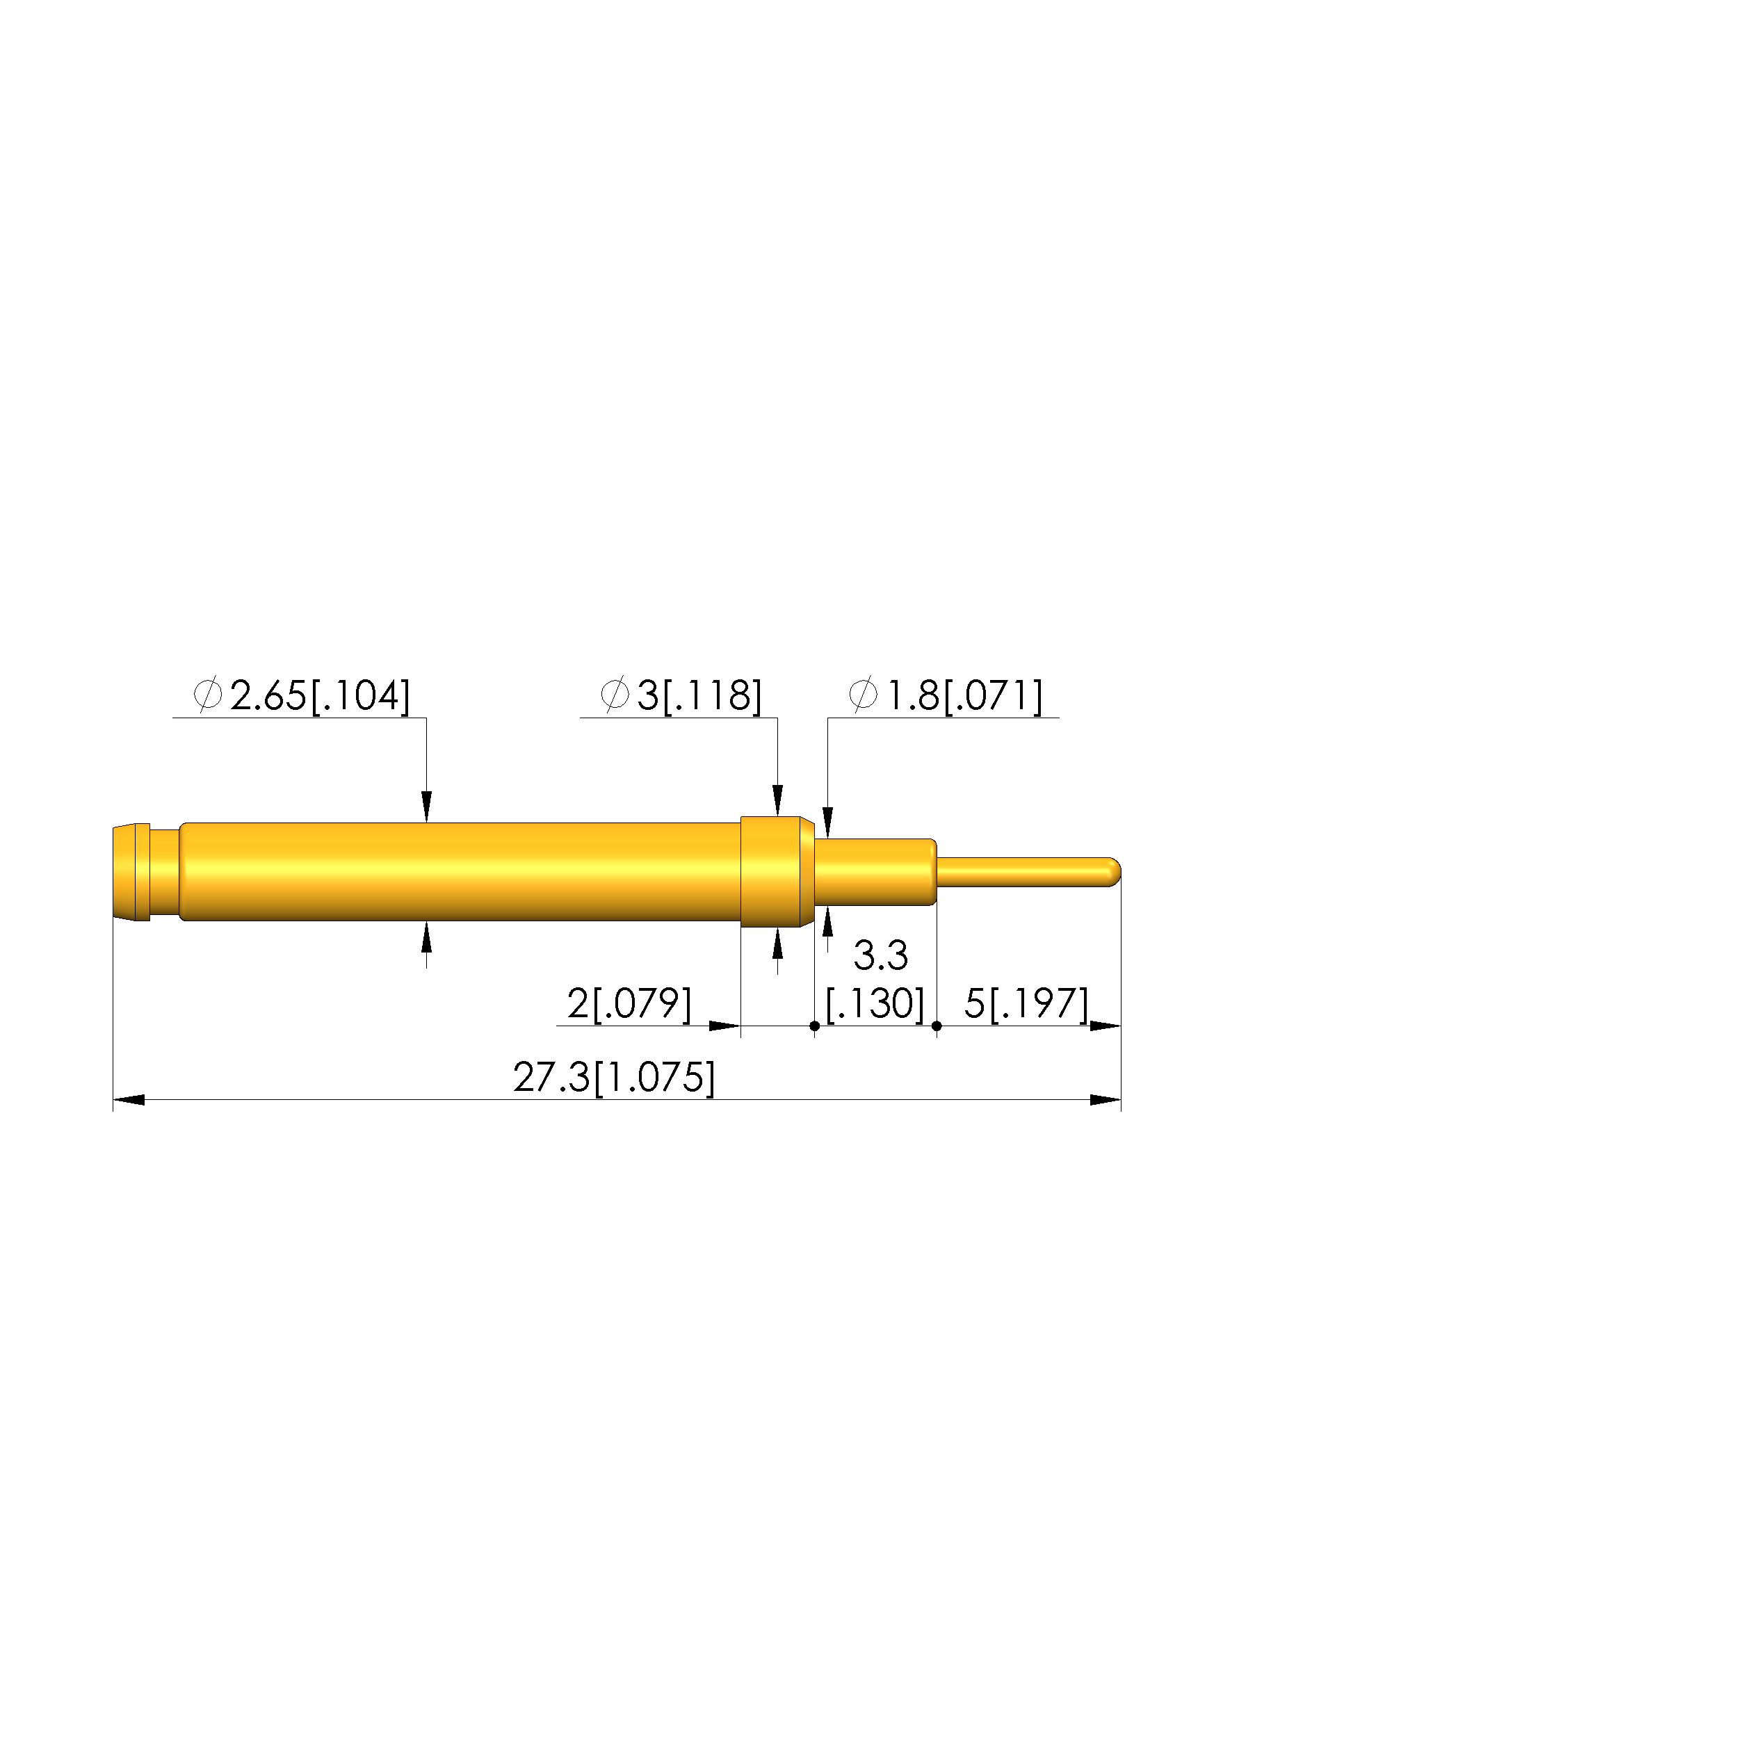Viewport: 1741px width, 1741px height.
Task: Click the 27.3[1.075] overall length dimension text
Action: click(614, 1078)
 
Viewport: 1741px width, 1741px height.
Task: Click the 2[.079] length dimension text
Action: click(629, 1004)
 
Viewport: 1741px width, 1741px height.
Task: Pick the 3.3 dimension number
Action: click(880, 956)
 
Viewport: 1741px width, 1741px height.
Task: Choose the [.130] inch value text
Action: click(875, 1004)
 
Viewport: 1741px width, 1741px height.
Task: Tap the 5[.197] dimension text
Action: click(1026, 1004)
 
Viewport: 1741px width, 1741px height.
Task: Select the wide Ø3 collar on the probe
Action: click(777, 871)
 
